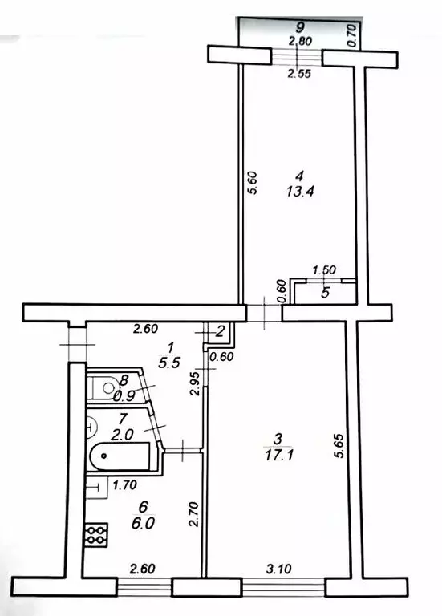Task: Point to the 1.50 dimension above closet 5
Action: point(322,272)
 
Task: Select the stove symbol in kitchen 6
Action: point(97,534)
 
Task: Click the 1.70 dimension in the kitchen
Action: point(124,484)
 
